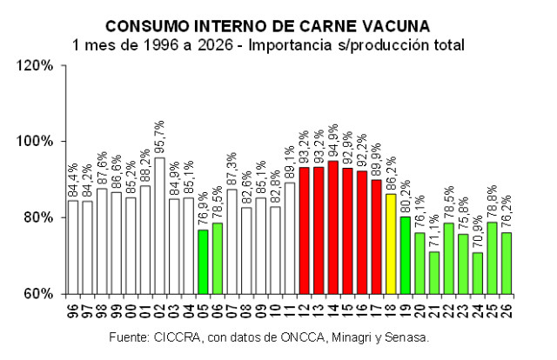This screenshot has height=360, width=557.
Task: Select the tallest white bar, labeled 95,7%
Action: coord(159,225)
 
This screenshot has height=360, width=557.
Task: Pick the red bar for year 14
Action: coord(332,227)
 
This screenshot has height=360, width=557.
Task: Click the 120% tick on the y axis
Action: coord(38,65)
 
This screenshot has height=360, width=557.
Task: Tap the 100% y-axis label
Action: coord(38,141)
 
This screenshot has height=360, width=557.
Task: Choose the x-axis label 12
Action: coord(304,309)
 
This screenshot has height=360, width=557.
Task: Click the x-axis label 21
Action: coord(433,309)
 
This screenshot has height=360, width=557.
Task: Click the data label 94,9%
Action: coord(333,141)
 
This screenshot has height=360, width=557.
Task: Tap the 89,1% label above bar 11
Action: coord(290,163)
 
